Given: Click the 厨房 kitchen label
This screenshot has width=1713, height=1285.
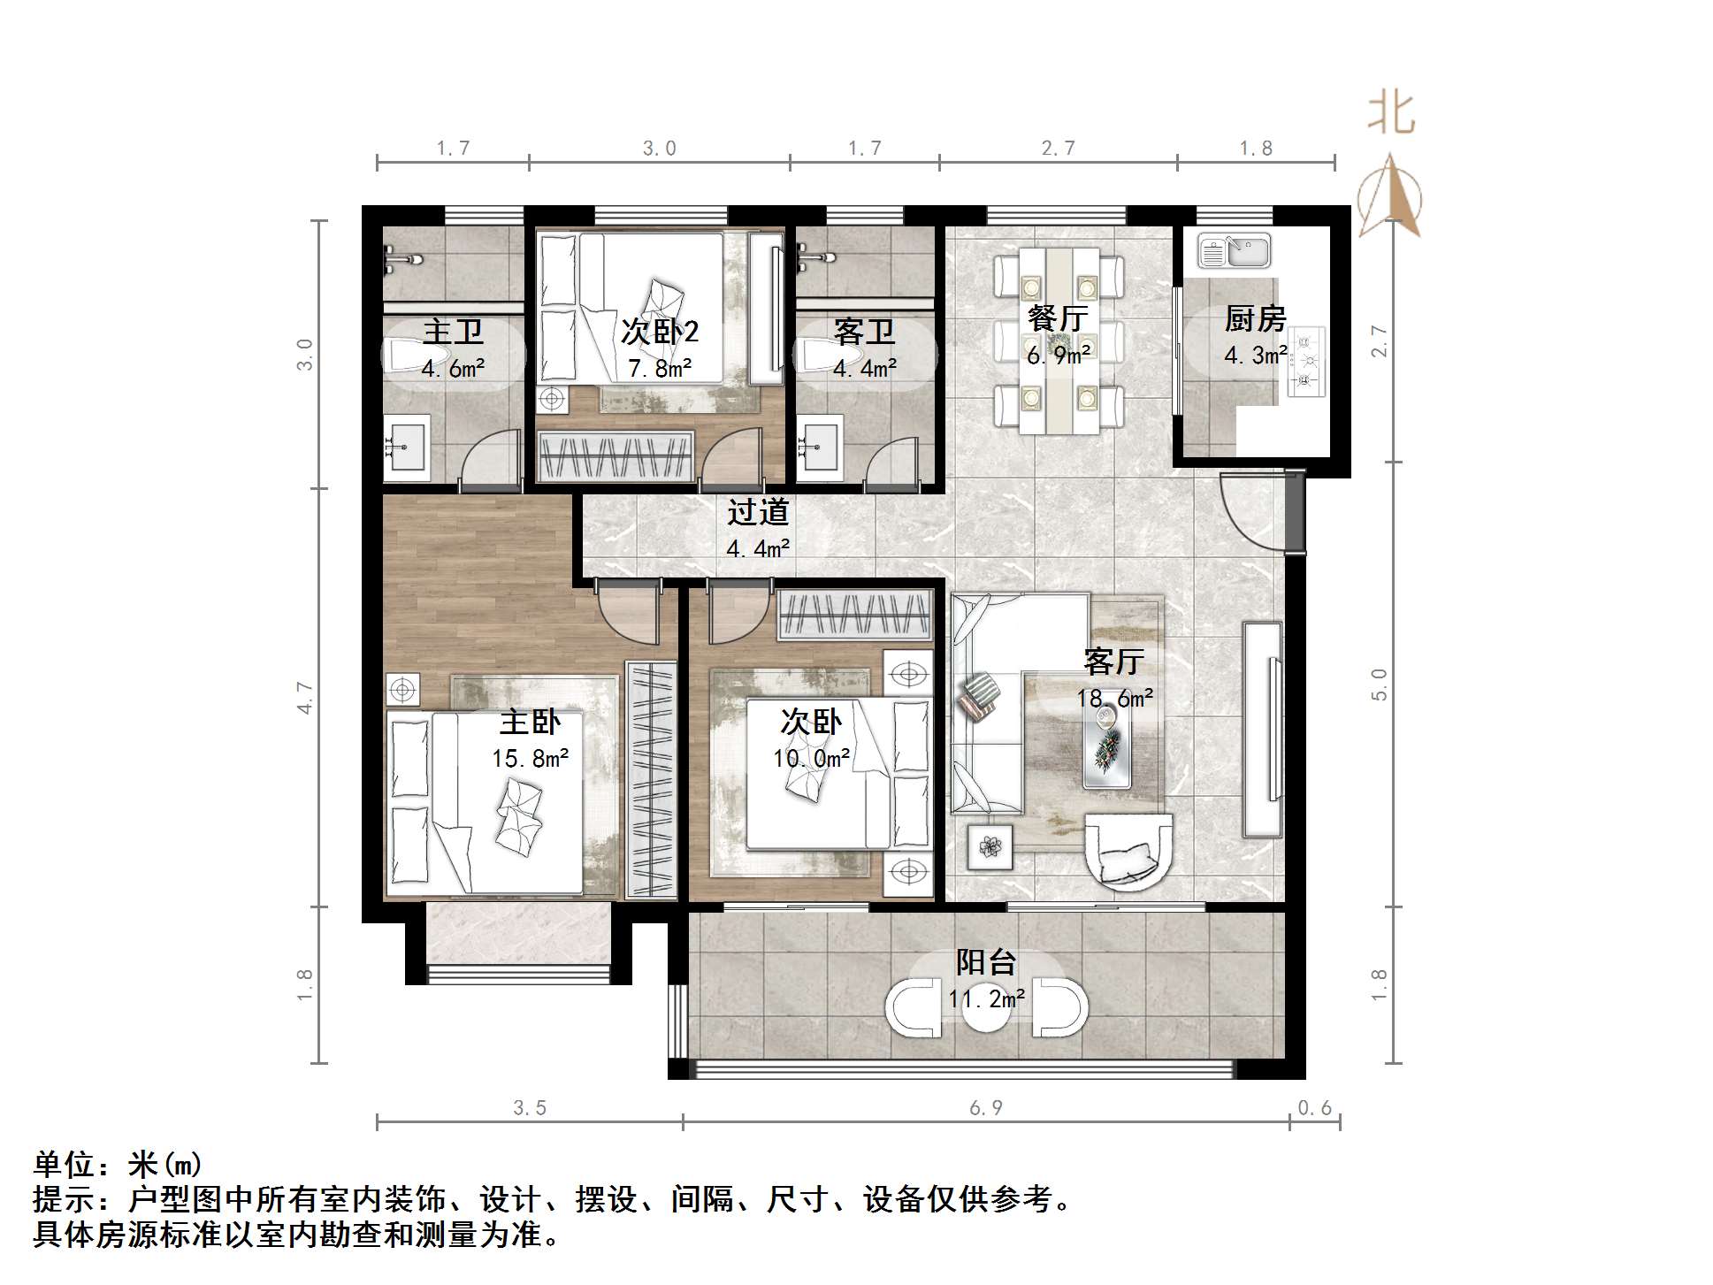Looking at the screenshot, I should coord(1254,318).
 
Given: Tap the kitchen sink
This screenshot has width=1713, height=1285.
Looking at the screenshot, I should coord(1234,251).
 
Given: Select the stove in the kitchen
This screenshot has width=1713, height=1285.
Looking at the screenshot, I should coord(1306,361).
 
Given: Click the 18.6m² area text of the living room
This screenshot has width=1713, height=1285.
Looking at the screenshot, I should coord(1114,699).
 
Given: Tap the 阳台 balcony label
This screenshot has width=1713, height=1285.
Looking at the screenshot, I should coord(986,963).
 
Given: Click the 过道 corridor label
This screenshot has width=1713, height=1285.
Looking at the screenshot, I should coord(758,513).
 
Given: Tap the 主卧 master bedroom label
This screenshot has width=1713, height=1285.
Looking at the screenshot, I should coord(530,723).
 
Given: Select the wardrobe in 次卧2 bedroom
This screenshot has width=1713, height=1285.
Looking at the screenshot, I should coord(616,456).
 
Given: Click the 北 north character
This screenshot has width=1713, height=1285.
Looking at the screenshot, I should coord(1391,115).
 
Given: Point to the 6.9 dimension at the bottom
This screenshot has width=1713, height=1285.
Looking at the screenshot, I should coord(985,1108).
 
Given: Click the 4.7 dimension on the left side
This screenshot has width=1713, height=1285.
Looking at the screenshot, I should coord(305,697).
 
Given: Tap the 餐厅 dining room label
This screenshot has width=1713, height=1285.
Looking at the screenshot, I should coord(1058,318).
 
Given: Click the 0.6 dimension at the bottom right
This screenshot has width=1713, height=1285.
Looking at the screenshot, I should coord(1314,1108).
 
